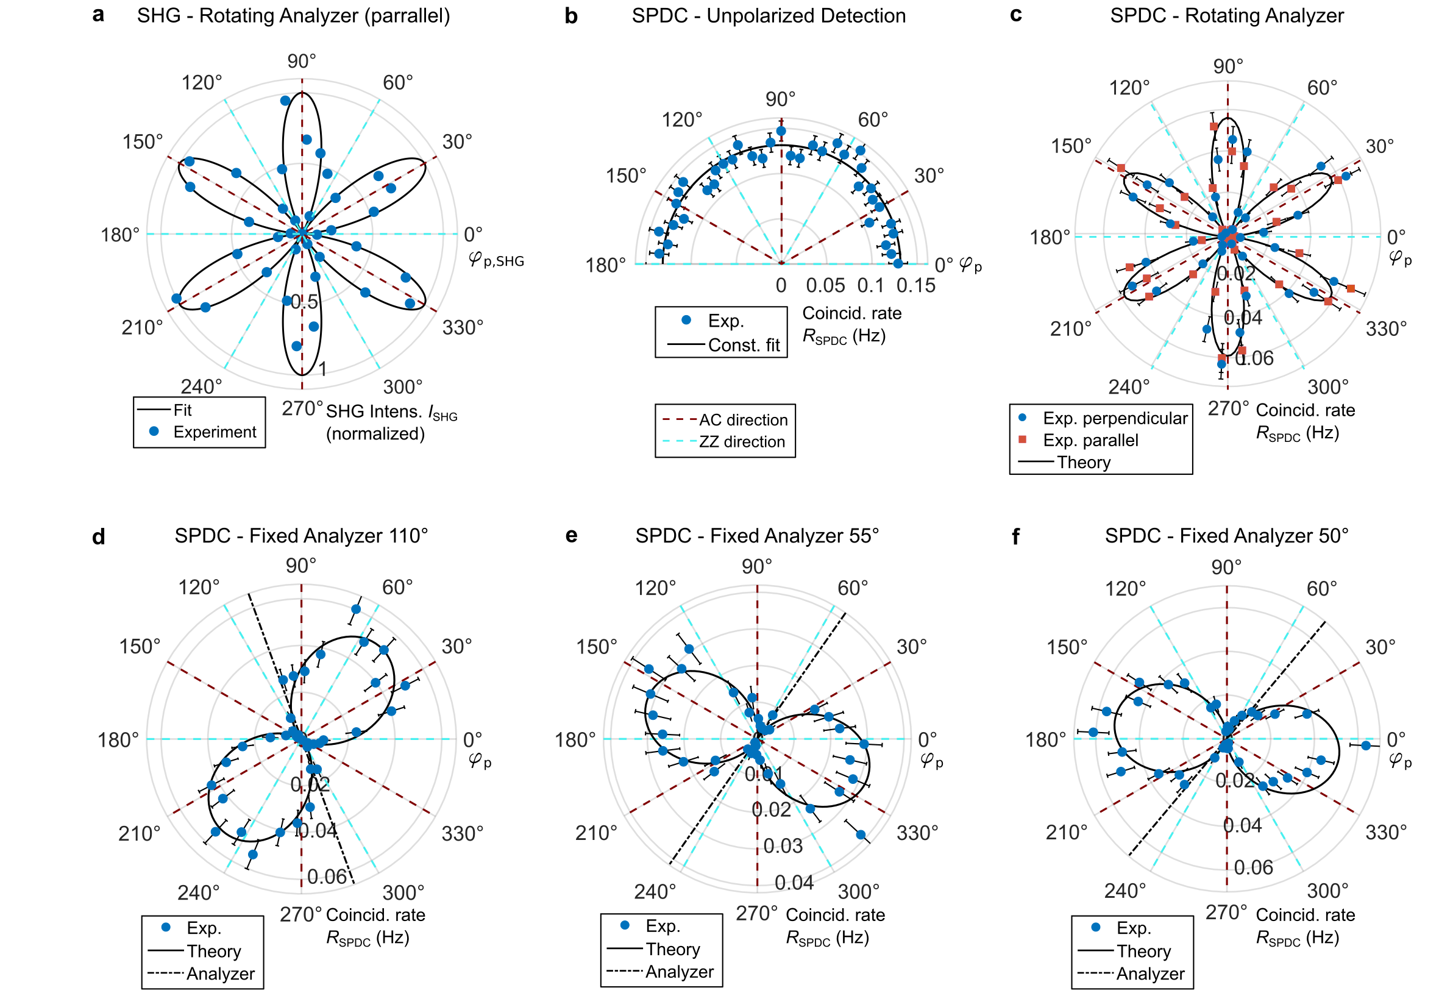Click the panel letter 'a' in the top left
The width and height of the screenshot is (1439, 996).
98,15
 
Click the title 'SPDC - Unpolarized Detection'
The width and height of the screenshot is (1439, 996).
768,16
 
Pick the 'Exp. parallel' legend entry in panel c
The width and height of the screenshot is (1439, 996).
1090,441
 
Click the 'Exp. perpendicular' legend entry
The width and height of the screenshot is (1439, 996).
1115,418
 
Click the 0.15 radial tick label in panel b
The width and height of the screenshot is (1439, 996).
915,286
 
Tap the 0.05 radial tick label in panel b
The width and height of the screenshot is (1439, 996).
825,286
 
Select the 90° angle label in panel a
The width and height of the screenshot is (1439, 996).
302,61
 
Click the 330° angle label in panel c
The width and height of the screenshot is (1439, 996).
1386,329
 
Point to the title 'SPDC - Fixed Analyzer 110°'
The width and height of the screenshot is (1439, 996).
302,535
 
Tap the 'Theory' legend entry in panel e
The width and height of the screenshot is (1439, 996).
672,949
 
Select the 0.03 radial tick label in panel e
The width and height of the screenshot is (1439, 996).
783,845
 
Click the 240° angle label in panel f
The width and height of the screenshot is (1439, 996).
1125,891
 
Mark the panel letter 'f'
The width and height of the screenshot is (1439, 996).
1015,536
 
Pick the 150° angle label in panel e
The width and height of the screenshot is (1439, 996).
596,647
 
